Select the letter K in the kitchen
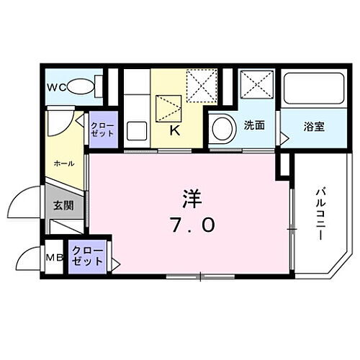[x=174, y=130]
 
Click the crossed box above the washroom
[x=256, y=86]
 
